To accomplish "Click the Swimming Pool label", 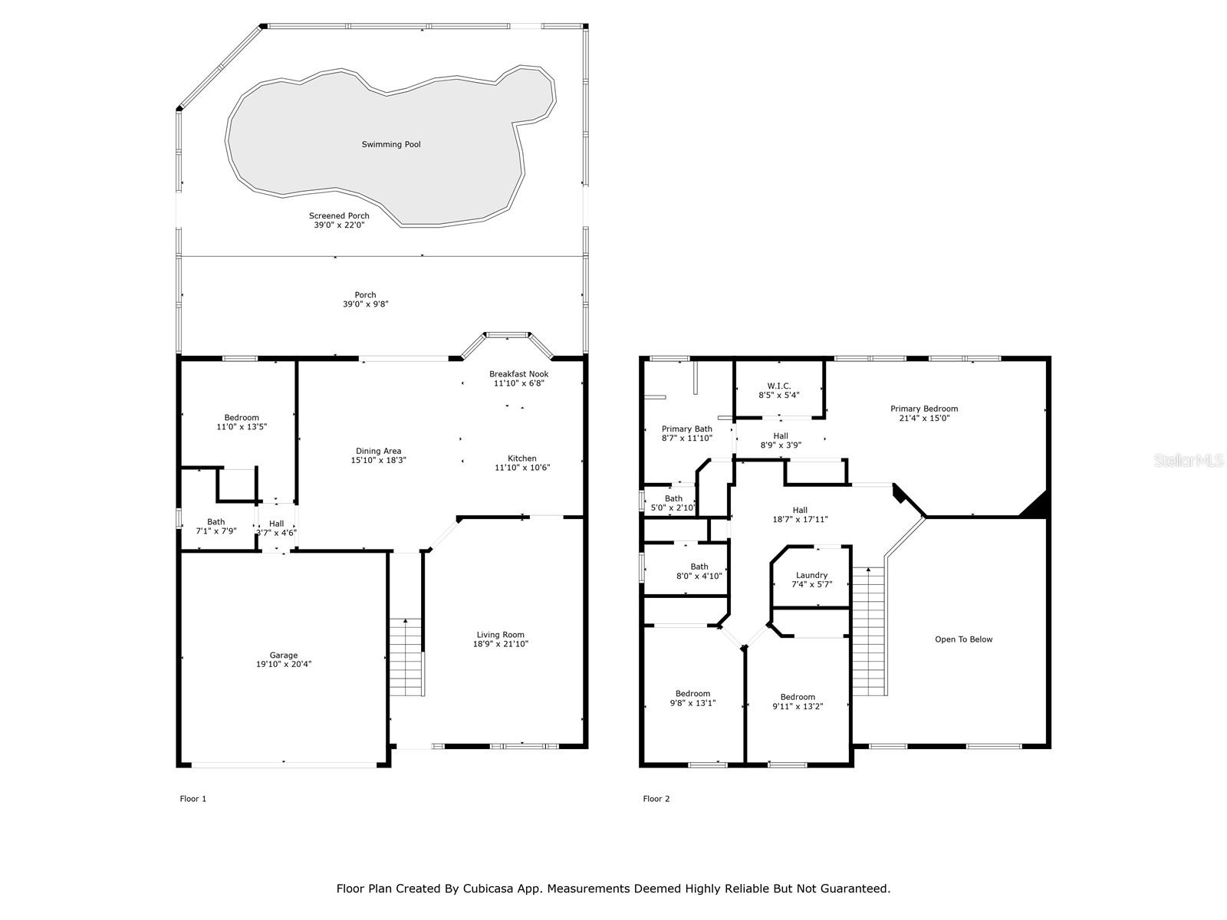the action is coord(391,144).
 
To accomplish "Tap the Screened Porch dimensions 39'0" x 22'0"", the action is coord(339,225).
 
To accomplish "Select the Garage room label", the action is coord(284,655).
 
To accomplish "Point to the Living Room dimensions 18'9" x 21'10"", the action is coord(500,643).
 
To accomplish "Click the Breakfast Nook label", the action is coord(518,374).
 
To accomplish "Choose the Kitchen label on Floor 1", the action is coord(522,458).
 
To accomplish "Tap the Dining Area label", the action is coord(378,452).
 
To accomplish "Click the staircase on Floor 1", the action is coord(406,657).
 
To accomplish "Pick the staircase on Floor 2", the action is coord(869,631).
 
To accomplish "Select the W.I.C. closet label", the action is coord(778,386).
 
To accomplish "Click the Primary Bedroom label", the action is coord(924,409).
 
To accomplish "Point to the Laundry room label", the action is coord(811,575).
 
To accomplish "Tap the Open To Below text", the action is coord(964,639).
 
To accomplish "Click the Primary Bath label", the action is coord(687,429).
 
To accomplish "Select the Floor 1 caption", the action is coord(192,799).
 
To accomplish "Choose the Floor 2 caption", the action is coord(656,799).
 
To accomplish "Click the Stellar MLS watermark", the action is coord(1189,460).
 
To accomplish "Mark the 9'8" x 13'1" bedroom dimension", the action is coord(692,703).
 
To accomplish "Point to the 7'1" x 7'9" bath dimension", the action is coord(215,531).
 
